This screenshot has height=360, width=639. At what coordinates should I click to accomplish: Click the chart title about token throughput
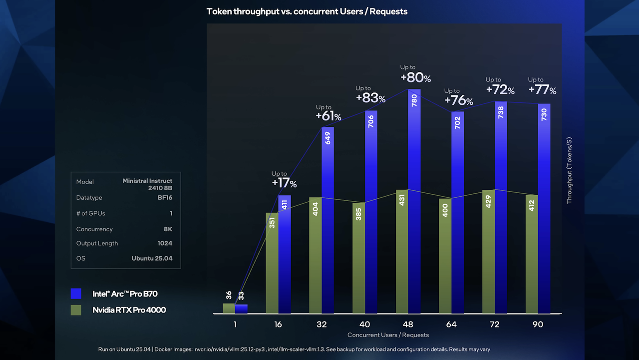pyautogui.click(x=307, y=11)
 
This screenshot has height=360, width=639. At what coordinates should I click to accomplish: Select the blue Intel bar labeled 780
pyautogui.click(x=414, y=201)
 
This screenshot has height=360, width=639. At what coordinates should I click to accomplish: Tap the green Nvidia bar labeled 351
pyautogui.click(x=272, y=263)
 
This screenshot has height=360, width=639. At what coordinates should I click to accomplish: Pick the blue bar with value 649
pyautogui.click(x=327, y=220)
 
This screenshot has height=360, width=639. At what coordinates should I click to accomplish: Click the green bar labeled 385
pyautogui.click(x=358, y=258)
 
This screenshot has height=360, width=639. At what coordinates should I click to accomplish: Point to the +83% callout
pyautogui.click(x=370, y=95)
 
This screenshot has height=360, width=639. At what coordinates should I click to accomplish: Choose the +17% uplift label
pyautogui.click(x=284, y=180)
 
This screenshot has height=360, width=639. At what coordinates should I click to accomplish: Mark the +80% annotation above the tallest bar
pyautogui.click(x=415, y=74)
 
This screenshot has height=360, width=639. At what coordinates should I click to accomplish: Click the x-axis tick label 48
pyautogui.click(x=408, y=325)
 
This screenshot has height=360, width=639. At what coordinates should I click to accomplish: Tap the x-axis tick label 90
pyautogui.click(x=538, y=325)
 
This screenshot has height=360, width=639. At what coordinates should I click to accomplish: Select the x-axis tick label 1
pyautogui.click(x=235, y=325)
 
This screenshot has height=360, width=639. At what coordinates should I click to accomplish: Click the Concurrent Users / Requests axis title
pyautogui.click(x=388, y=335)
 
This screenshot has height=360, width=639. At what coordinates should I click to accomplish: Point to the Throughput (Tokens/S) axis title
pyautogui.click(x=569, y=171)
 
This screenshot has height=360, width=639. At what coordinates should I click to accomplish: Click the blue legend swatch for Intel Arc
pyautogui.click(x=76, y=294)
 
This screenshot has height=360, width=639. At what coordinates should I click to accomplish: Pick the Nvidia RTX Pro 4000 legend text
pyautogui.click(x=129, y=310)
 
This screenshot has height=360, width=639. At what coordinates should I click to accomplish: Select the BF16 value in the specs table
pyautogui.click(x=165, y=197)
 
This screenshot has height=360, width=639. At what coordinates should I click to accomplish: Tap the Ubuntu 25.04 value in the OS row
pyautogui.click(x=152, y=259)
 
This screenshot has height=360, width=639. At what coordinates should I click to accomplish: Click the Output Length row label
pyautogui.click(x=97, y=243)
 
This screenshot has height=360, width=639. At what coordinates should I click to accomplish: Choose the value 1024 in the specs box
pyautogui.click(x=165, y=243)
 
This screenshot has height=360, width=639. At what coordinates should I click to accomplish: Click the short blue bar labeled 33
pyautogui.click(x=241, y=309)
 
